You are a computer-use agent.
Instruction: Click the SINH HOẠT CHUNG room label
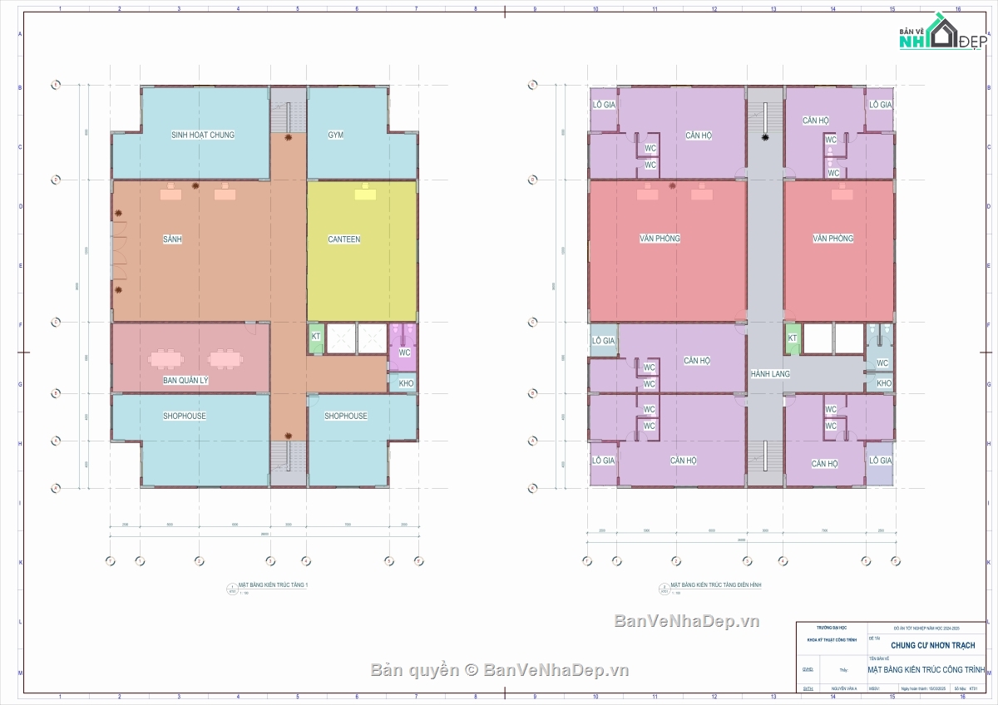tap(203, 135)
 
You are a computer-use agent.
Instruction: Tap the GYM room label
tap(335, 135)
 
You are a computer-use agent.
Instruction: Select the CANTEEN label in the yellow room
tap(344, 239)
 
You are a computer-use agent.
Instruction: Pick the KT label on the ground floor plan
tap(316, 337)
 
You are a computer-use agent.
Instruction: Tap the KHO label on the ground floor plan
tap(406, 383)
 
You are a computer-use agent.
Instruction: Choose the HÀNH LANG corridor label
tap(769, 374)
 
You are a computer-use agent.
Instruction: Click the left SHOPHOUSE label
tap(184, 416)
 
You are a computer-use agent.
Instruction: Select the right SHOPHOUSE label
tap(346, 416)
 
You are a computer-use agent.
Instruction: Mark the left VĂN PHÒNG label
tap(660, 239)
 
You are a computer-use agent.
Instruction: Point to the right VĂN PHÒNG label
tap(832, 239)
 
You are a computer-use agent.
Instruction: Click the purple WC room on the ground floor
tap(405, 352)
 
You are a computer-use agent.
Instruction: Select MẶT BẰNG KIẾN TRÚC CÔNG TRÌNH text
tap(926, 669)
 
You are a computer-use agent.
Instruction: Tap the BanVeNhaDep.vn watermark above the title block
tap(687, 621)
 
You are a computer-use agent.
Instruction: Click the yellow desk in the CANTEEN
tap(364, 194)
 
